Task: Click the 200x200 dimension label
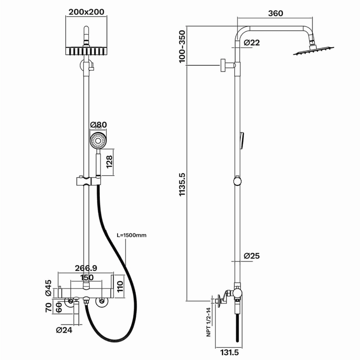coord(86,12)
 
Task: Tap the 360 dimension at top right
coord(276,13)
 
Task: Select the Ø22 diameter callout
coord(252,42)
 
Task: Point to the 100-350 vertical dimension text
coord(182,46)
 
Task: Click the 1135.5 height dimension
coord(182,184)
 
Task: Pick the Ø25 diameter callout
coord(252,255)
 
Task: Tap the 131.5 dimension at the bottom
coord(229,352)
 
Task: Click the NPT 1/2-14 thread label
coord(208,322)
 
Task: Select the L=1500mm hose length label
coord(132,235)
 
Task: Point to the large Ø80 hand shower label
coord(98,125)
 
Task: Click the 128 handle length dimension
coord(109,162)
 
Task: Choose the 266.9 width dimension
coord(86,268)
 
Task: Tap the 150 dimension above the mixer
coord(87,277)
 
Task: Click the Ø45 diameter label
coord(48,288)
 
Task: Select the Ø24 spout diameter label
coord(64,330)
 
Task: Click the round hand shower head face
coord(98,141)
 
